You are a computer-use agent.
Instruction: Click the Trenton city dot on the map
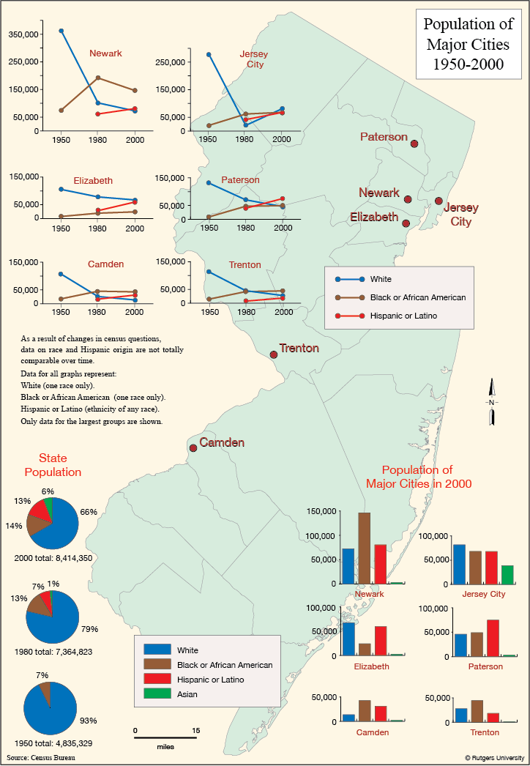[x=274, y=354]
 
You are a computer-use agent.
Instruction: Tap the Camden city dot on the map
[x=193, y=448]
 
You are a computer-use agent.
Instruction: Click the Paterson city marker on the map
[x=414, y=144]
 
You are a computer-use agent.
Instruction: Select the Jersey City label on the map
[x=460, y=215]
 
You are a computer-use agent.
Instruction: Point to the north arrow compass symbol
[x=491, y=401]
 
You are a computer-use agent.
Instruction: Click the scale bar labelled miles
[x=165, y=737]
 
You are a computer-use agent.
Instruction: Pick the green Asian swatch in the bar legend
[x=157, y=694]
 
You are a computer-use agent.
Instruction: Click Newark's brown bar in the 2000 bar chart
[x=364, y=548]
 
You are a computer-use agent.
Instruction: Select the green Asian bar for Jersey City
[x=507, y=574]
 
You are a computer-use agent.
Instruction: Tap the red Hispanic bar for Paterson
[x=493, y=638]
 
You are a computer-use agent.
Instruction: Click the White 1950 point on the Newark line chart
[x=61, y=31]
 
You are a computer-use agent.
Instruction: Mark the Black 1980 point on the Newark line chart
[x=98, y=78]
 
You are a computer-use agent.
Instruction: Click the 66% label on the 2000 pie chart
[x=89, y=512]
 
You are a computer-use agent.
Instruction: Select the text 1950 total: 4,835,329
[x=53, y=743]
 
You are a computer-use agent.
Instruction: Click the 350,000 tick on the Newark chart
[x=24, y=34]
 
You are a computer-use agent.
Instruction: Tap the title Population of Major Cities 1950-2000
[x=469, y=44]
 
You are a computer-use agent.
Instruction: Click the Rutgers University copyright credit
[x=494, y=758]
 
